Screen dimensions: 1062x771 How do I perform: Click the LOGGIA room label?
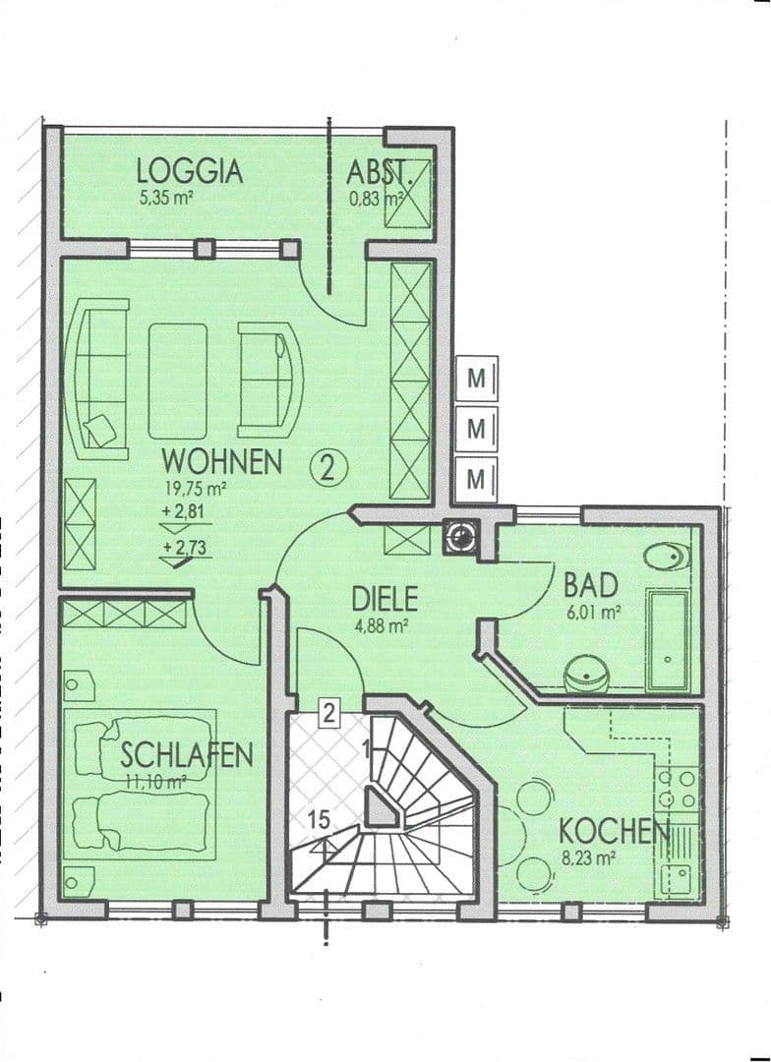click(189, 171)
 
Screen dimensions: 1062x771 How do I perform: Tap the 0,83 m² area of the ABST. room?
click(376, 198)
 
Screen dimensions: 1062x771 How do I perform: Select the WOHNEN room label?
click(222, 461)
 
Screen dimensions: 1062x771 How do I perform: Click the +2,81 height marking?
click(183, 509)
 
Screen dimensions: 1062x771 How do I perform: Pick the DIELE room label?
click(385, 598)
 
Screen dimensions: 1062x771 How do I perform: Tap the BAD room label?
click(590, 585)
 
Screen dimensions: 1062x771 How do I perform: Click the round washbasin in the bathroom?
click(589, 676)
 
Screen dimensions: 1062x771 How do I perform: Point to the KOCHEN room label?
click(614, 831)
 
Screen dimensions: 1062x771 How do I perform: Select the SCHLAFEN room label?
click(187, 754)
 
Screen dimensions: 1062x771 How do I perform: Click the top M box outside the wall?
click(477, 378)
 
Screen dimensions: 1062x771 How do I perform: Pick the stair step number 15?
click(317, 818)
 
